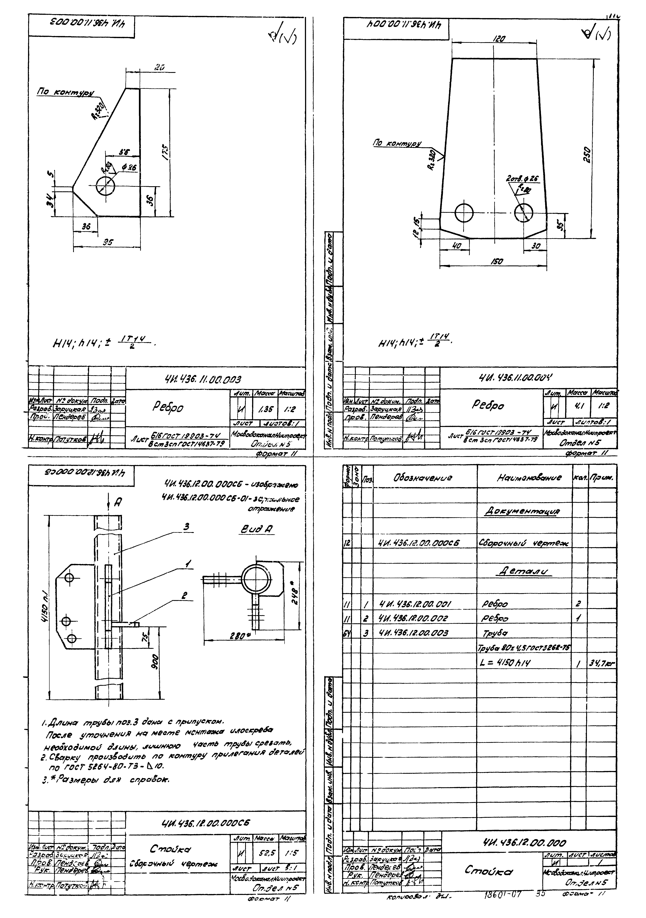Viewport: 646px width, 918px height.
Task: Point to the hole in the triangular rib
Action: click(x=106, y=186)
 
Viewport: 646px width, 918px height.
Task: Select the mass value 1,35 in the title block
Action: click(x=263, y=409)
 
